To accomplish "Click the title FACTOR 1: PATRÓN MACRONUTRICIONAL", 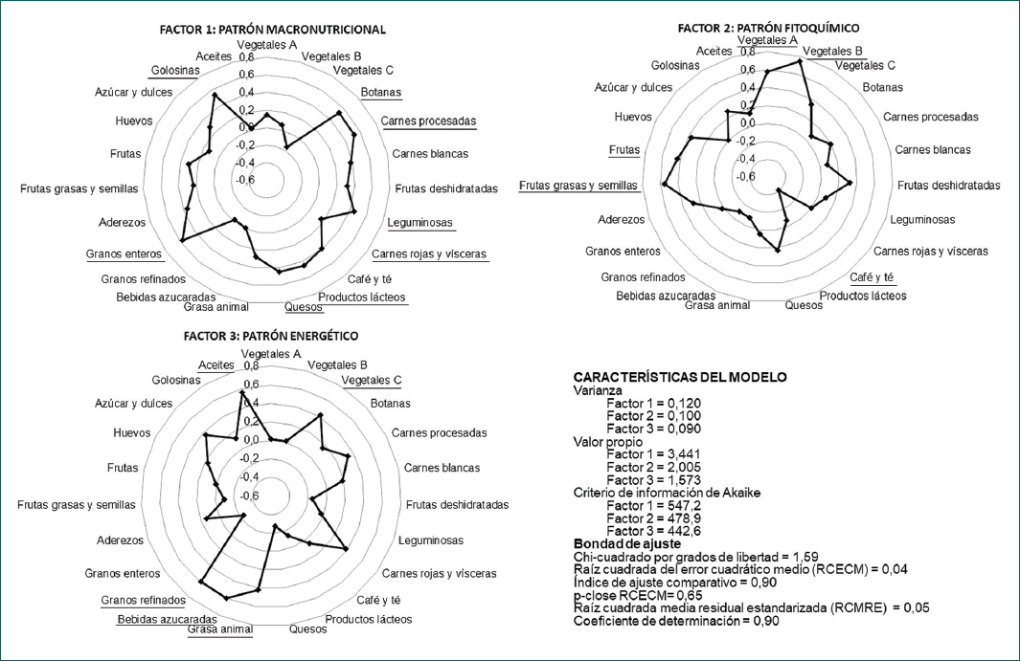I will point(272,30).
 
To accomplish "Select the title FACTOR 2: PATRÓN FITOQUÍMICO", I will point(768,28).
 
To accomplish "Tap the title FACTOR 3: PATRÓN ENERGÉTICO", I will point(271,336).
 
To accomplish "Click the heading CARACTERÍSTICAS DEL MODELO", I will point(680,377).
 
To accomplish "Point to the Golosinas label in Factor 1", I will point(174,70).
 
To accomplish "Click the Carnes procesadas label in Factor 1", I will point(428,121).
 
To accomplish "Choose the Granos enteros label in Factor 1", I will point(124,253).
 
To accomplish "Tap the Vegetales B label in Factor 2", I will point(832,51).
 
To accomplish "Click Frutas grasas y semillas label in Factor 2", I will point(579,185).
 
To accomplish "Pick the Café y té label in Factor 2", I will point(872,276).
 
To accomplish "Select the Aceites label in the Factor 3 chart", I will point(215,364).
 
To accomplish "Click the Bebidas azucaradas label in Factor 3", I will point(161,619).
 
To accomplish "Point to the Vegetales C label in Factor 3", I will point(372,380).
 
